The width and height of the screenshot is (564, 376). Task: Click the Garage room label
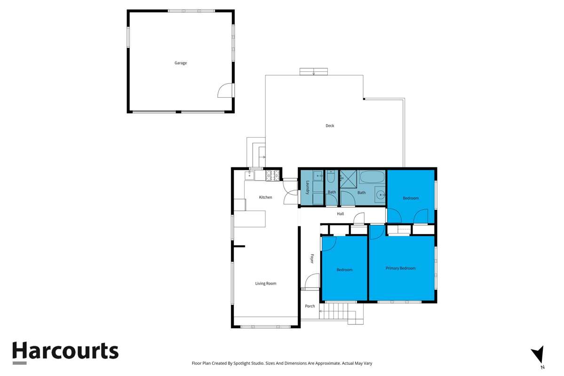tap(181, 63)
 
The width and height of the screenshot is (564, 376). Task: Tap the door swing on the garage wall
tap(226, 90)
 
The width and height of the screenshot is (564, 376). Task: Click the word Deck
tap(330, 125)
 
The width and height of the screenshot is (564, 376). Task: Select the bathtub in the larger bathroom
tap(373, 177)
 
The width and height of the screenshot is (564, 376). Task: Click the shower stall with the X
tap(349, 178)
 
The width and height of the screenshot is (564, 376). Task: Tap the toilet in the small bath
tap(331, 177)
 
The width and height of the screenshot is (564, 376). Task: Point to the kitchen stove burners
tap(272, 176)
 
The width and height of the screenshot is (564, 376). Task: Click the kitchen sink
tap(249, 176)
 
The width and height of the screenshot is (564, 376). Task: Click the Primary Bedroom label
tap(400, 268)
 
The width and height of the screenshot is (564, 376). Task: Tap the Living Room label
tap(266, 283)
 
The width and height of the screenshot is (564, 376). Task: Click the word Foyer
tap(311, 258)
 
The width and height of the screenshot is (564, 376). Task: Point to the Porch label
tap(310, 306)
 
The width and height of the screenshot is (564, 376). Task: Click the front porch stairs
tap(337, 311)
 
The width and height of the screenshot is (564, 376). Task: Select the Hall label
tap(340, 214)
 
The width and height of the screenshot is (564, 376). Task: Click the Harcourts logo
tap(65, 352)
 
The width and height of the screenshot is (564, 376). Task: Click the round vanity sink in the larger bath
tap(380, 194)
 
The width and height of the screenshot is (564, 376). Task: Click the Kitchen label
tap(265, 197)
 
